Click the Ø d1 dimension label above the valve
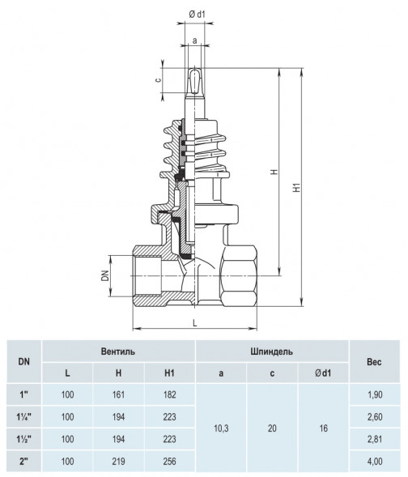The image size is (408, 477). click(x=197, y=15)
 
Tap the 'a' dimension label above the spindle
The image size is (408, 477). click(x=195, y=40)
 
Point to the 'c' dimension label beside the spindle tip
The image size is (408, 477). click(x=158, y=80)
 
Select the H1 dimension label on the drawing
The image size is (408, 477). click(x=297, y=187)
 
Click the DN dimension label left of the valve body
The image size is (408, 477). click(x=105, y=275)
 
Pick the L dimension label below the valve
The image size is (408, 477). click(x=195, y=323)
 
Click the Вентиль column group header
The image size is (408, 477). click(x=118, y=351)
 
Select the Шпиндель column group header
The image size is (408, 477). click(x=272, y=351)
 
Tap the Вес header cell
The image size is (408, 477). click(x=374, y=362)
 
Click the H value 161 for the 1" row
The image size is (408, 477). click(x=118, y=394)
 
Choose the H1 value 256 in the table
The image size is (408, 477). click(x=169, y=461)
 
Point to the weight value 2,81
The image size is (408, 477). click(x=375, y=439)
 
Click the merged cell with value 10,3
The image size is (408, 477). click(x=221, y=428)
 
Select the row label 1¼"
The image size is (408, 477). click(x=24, y=417)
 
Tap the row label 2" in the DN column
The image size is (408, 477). click(x=24, y=461)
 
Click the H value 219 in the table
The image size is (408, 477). click(x=118, y=461)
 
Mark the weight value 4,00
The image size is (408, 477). click(x=375, y=461)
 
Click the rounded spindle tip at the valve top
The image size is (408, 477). click(x=194, y=80)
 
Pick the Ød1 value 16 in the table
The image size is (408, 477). click(x=324, y=428)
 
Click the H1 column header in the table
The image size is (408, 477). click(x=169, y=373)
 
